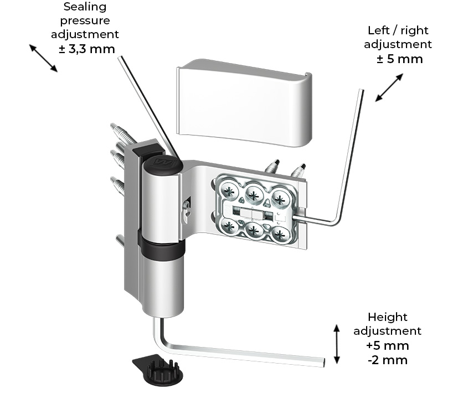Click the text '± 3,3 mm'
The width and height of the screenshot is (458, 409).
point(86,49)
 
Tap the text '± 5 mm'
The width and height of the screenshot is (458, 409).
point(399,59)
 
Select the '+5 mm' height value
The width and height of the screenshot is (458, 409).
point(388,345)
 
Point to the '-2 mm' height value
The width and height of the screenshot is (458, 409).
point(388,360)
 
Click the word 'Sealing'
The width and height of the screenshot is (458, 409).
point(85,7)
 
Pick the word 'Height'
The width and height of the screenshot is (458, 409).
point(387,317)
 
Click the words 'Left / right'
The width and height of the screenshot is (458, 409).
point(398,30)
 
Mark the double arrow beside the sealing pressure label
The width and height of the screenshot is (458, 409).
point(43,58)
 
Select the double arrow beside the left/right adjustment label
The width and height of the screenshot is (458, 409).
point(389,87)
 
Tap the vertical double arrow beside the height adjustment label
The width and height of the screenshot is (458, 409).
point(336,344)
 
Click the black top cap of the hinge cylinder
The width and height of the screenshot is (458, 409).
point(161,164)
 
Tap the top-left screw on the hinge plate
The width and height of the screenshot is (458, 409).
point(229,191)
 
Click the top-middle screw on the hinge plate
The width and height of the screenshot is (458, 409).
point(254,193)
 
